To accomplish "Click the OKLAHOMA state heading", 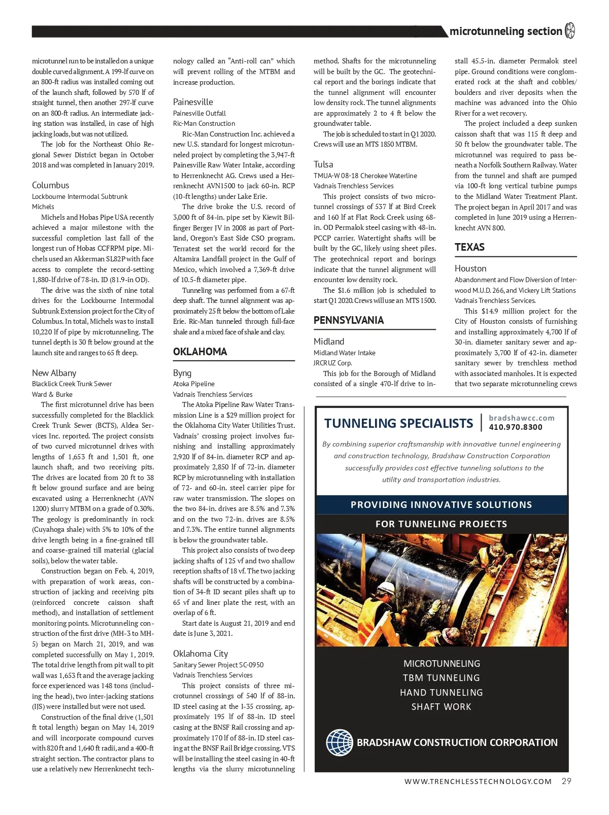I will (x=200, y=352).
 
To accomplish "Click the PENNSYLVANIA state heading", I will (x=348, y=320).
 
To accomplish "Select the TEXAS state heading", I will (x=469, y=247).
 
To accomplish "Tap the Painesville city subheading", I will (x=193, y=102).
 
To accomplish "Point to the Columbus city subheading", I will (x=50, y=185).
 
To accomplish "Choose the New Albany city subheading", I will (x=54, y=373).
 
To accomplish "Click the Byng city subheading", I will (x=182, y=373).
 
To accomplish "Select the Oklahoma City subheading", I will (x=200, y=654).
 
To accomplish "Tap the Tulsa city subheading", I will (x=323, y=164).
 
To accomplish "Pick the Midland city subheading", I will (x=329, y=342).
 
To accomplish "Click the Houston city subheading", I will (x=470, y=268).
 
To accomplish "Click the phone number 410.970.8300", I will (x=515, y=427).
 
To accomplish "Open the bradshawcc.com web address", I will (x=521, y=418).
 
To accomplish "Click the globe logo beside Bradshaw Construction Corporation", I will (x=340, y=742).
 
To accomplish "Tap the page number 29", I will (x=566, y=781).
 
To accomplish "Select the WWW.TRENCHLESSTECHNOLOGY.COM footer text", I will (x=478, y=782).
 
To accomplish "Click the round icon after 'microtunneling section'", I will (x=570, y=31).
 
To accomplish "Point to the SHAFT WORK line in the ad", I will (x=441, y=707).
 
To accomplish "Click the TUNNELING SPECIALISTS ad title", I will (x=398, y=423).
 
